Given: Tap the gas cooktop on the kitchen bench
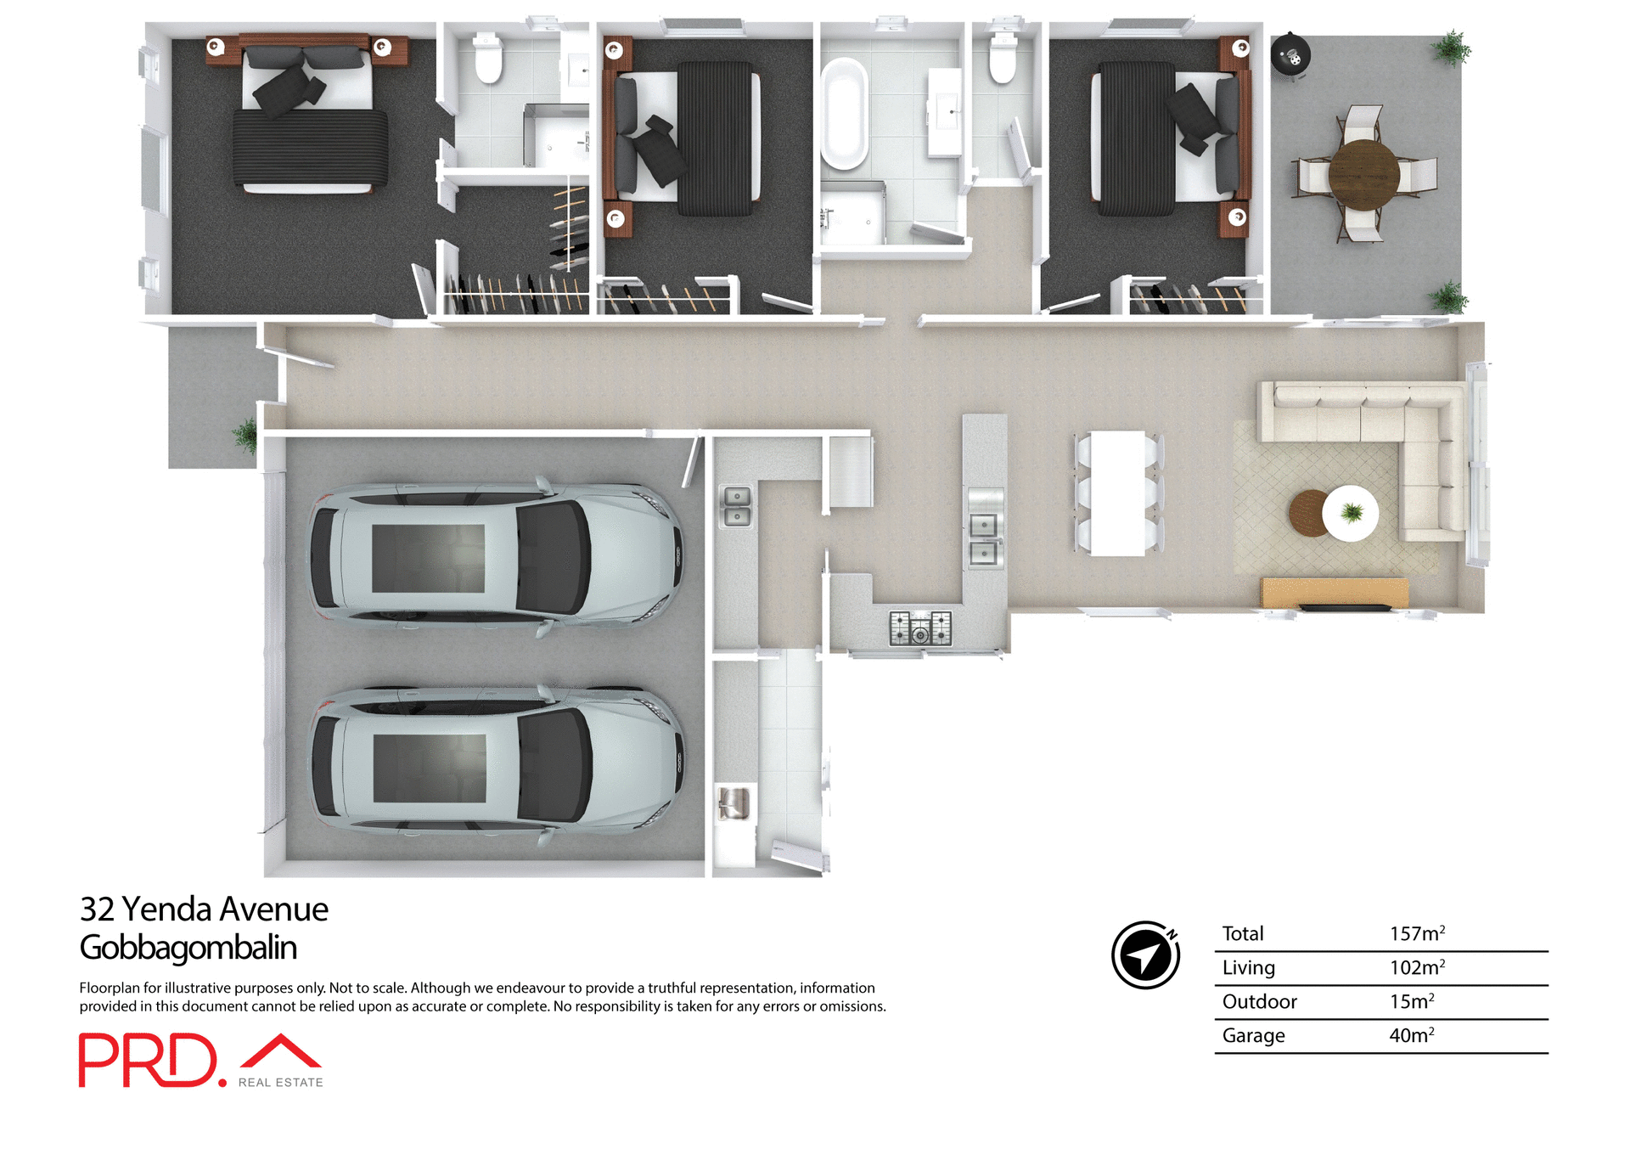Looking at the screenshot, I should (920, 628).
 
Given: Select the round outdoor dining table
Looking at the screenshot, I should (1363, 175).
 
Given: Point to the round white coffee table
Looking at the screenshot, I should (1351, 513).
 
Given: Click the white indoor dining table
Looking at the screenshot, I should (1117, 493).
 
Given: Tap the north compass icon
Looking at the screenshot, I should (1146, 954).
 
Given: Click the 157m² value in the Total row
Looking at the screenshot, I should (1416, 934).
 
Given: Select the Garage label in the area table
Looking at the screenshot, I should (1253, 1036).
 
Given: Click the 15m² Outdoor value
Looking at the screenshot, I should (1411, 1002).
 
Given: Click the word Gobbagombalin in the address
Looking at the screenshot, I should (188, 948).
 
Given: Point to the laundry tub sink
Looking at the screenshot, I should (733, 803).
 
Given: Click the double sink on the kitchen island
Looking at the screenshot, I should (984, 539).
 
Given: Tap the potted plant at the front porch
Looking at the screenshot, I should (245, 435).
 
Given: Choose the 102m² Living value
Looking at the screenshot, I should (1416, 968).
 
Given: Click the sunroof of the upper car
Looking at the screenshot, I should (428, 558).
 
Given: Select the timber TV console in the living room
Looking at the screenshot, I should (1334, 592).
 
